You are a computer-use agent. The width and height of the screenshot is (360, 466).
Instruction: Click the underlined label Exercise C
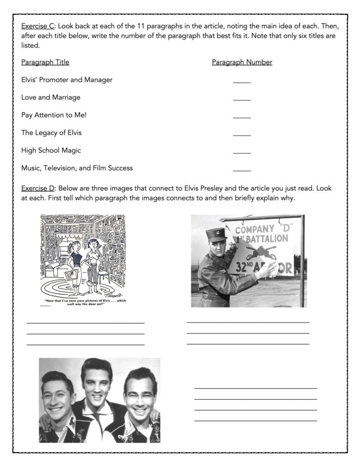pyautogui.click(x=38, y=26)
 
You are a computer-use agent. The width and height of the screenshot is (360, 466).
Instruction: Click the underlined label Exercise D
pyautogui.click(x=38, y=188)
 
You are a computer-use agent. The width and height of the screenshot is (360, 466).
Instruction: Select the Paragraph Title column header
pyautogui.click(x=45, y=62)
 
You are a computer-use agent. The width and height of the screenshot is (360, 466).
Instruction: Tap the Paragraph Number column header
pyautogui.click(x=242, y=62)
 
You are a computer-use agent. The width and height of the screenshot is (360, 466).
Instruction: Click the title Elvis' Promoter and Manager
pyautogui.click(x=67, y=80)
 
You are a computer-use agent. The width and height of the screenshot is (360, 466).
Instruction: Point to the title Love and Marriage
pyautogui.click(x=50, y=97)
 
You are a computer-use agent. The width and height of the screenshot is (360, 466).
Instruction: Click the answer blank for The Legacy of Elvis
pyautogui.click(x=242, y=135)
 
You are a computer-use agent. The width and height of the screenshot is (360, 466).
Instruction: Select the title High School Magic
pyautogui.click(x=51, y=150)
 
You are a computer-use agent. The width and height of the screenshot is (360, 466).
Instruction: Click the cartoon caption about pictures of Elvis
pyautogui.click(x=83, y=302)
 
